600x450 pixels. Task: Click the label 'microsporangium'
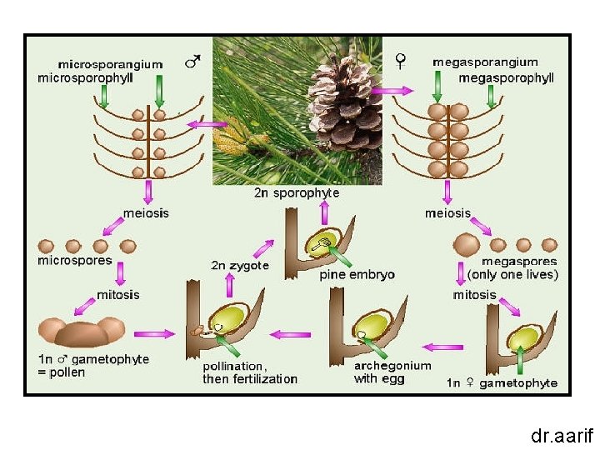pyautogui.click(x=122, y=63)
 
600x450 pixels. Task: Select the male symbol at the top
pyautogui.click(x=192, y=62)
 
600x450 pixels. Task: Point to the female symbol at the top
pyautogui.click(x=401, y=60)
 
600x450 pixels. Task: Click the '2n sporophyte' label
pyautogui.click(x=297, y=192)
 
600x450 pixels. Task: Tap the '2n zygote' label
pyautogui.click(x=240, y=266)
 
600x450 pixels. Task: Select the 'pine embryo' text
pyautogui.click(x=357, y=274)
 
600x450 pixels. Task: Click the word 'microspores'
pyautogui.click(x=75, y=260)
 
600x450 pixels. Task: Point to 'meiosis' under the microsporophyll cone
pyautogui.click(x=146, y=212)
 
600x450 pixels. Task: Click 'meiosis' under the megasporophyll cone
pyautogui.click(x=447, y=212)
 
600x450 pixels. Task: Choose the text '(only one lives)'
pyautogui.click(x=512, y=274)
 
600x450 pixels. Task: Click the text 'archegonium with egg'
pyautogui.click(x=392, y=372)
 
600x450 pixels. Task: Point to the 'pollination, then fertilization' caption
pyautogui.click(x=250, y=372)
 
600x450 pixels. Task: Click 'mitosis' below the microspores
pyautogui.click(x=117, y=294)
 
